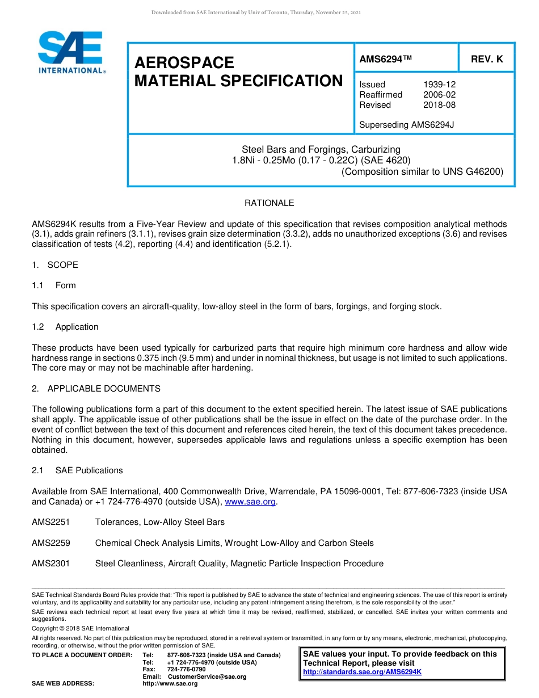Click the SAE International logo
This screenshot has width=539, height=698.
coord(71,53)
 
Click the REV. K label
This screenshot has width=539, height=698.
coord(486,58)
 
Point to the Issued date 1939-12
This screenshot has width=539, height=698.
coord(439,85)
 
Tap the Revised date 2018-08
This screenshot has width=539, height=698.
coord(439,105)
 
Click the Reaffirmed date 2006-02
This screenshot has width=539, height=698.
coord(439,95)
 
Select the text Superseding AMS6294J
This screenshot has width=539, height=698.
coord(407,125)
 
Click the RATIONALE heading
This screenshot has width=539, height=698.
coord(269,203)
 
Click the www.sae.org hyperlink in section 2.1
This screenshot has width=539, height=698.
coord(250,502)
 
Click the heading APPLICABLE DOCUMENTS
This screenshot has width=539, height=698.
coord(104,389)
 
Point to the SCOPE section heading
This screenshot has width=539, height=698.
coord(62,265)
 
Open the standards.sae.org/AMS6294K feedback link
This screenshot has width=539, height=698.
coord(362,672)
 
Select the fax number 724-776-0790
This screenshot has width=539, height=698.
coord(187,670)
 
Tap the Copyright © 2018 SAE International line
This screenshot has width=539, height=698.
coord(81,628)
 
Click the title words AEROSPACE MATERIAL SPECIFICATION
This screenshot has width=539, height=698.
coord(238,72)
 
